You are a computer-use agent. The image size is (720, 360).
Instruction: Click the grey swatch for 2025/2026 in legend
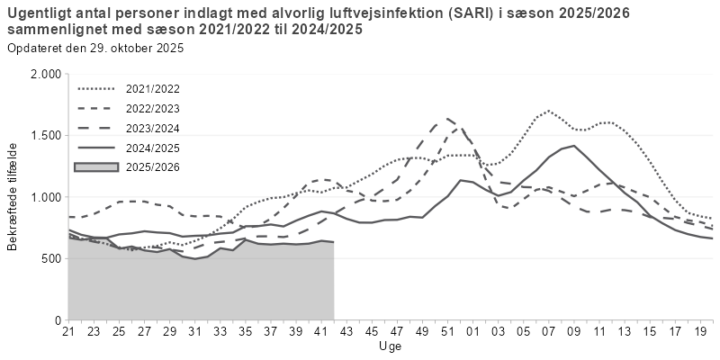[98, 166]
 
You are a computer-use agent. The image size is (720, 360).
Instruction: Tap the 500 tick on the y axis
[50, 258]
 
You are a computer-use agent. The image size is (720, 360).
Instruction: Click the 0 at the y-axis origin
[58, 320]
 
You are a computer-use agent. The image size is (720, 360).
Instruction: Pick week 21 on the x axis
[67, 331]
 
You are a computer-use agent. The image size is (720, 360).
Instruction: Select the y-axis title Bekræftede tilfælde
[13, 196]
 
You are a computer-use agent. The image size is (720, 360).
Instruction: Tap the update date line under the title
[94, 48]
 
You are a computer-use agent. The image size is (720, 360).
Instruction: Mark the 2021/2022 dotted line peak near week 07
[546, 112]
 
